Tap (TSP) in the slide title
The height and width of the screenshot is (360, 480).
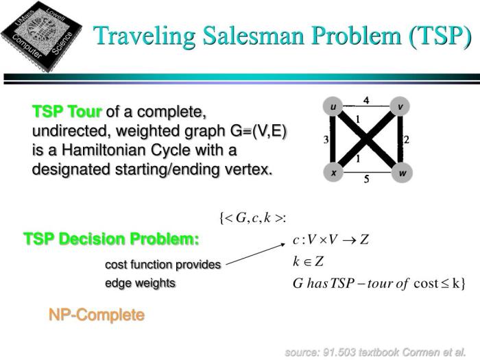(x=438, y=36)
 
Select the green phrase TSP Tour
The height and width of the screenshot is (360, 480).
(x=67, y=112)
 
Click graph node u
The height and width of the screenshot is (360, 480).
(x=333, y=107)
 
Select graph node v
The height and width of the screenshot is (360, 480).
(x=400, y=107)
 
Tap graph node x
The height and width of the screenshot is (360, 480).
(x=333, y=173)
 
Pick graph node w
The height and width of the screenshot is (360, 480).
(x=402, y=173)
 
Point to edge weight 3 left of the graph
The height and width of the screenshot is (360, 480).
(x=326, y=140)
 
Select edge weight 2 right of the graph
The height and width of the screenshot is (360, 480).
(x=407, y=140)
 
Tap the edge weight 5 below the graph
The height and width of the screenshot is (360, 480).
(x=366, y=181)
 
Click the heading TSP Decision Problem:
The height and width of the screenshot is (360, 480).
(x=111, y=239)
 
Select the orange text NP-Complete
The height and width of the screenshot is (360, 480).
(x=96, y=315)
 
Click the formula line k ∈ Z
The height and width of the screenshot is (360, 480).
(x=308, y=261)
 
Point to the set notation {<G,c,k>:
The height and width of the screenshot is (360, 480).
(x=252, y=218)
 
